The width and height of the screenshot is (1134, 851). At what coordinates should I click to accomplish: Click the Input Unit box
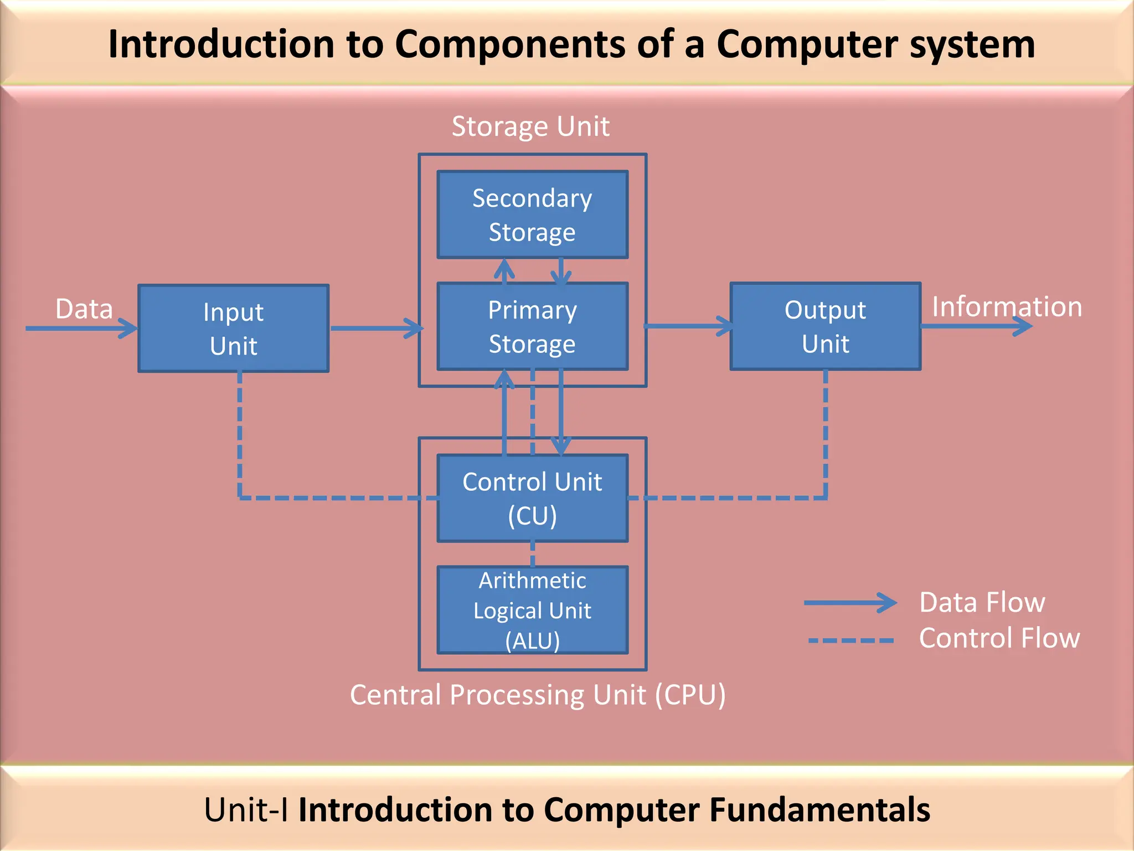coord(233,329)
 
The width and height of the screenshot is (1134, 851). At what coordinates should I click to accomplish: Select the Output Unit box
coord(825,326)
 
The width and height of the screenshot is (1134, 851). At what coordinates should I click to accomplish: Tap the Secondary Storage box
coord(532,214)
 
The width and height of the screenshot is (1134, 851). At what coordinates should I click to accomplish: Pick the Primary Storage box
coord(532,326)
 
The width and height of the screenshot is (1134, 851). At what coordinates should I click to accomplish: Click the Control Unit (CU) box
coord(532,498)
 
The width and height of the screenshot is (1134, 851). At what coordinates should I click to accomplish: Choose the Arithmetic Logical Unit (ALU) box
coord(532,610)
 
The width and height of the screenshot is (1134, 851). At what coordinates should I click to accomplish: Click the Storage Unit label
coord(530,126)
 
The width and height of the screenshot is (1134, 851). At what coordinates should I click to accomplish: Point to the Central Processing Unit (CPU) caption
coord(538,695)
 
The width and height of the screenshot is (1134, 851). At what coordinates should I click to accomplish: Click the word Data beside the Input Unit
coord(84,309)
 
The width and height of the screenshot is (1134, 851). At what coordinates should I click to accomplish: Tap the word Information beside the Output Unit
coord(1007,306)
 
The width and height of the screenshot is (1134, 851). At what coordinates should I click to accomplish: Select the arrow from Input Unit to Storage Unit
coord(377,328)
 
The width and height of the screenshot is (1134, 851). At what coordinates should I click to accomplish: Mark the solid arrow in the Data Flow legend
coord(850,603)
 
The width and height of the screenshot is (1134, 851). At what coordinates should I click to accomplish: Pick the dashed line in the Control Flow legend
coord(851,640)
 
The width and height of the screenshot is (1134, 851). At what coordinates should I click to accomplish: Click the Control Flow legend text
coord(999,638)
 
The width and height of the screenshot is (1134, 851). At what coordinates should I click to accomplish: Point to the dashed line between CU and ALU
coord(533,554)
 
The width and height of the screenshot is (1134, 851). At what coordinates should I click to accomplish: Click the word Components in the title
coord(509,44)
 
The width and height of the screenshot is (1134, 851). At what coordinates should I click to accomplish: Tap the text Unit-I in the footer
coord(245,810)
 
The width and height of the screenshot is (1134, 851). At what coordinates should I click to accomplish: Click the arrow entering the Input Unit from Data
coord(81,329)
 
